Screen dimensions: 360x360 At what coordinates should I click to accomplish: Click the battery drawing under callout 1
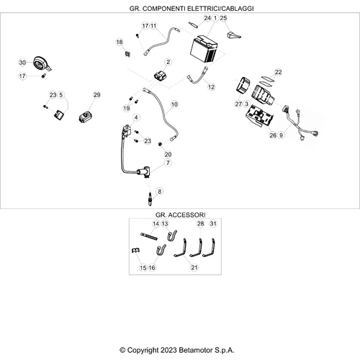204,50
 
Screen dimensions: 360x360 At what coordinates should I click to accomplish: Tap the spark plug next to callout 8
150,199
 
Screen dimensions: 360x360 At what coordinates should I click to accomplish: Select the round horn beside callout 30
42,63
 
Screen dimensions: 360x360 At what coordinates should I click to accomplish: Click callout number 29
96,95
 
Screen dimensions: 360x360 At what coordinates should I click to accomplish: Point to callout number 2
168,62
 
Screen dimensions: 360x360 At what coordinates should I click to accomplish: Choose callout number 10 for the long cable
174,104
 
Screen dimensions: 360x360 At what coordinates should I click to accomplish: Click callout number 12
211,87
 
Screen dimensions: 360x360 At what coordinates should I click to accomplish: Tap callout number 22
278,72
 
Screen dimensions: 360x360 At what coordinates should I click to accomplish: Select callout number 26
273,135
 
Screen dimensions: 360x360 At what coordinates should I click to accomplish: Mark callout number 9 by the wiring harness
281,135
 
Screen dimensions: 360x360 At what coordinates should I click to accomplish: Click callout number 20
168,154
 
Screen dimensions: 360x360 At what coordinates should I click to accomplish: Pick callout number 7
168,163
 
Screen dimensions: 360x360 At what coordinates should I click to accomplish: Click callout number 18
120,42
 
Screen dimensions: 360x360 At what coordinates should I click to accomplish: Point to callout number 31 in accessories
213,224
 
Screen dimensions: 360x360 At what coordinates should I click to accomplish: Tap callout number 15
143,268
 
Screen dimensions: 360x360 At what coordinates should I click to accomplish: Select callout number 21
194,267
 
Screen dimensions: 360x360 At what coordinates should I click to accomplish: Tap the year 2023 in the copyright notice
169,350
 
